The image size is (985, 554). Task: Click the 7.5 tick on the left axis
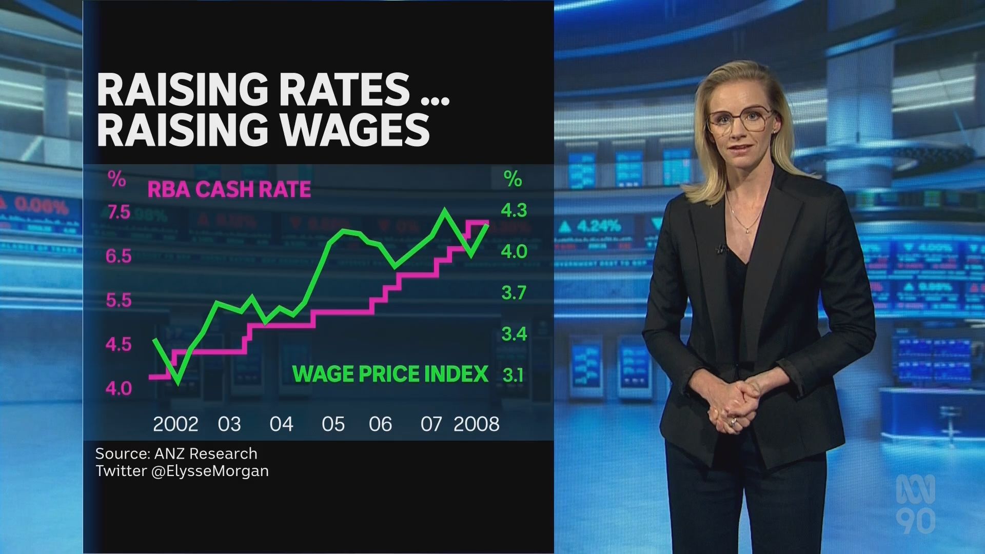pos(119,212)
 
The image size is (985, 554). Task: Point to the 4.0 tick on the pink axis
pos(119,389)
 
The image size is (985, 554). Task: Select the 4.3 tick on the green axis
pos(514,210)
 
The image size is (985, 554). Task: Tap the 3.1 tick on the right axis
pos(513,375)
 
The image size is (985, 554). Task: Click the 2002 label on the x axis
pos(175,424)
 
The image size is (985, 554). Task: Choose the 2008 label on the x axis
pos(476,424)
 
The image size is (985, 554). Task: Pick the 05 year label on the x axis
pos(333,424)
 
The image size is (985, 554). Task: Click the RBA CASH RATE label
pos(229,189)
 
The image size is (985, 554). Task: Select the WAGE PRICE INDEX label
pos(390,374)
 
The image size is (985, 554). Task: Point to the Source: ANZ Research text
pos(176,453)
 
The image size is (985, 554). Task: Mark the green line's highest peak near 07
pos(444,210)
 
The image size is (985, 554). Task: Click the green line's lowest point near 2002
pos(178,383)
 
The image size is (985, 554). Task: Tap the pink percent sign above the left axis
pos(116,179)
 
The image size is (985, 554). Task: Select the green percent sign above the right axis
pos(513,179)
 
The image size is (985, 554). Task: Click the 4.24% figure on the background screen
pos(598,226)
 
